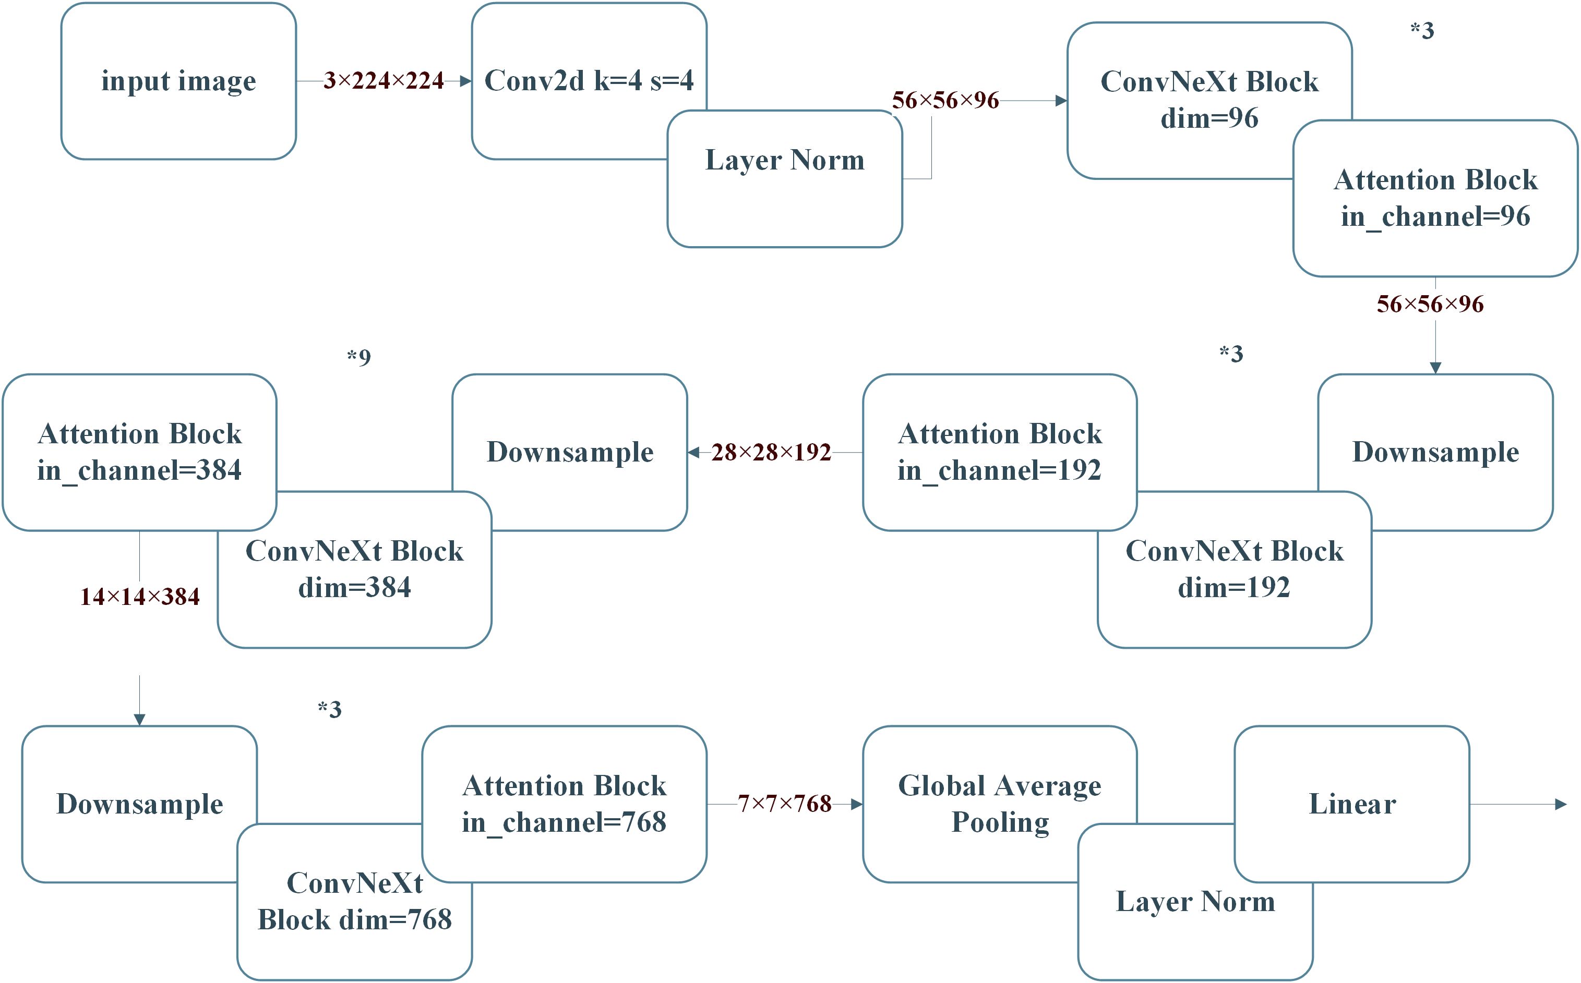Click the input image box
click(x=178, y=81)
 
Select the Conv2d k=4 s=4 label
click(x=589, y=81)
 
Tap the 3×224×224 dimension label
click(x=383, y=81)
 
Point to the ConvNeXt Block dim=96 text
click(x=1209, y=100)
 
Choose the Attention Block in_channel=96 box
click(x=1435, y=198)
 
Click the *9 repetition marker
click(x=358, y=357)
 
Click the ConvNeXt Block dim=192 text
click(x=1233, y=569)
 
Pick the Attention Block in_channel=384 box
click(x=139, y=452)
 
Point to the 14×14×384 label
click(x=139, y=597)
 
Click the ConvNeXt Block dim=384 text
click(x=354, y=569)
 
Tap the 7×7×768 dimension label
click(x=784, y=804)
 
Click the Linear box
click(x=1351, y=804)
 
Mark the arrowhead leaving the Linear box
click(x=1561, y=804)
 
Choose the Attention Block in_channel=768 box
click(x=564, y=804)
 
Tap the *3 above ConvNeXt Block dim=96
click(x=1422, y=31)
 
